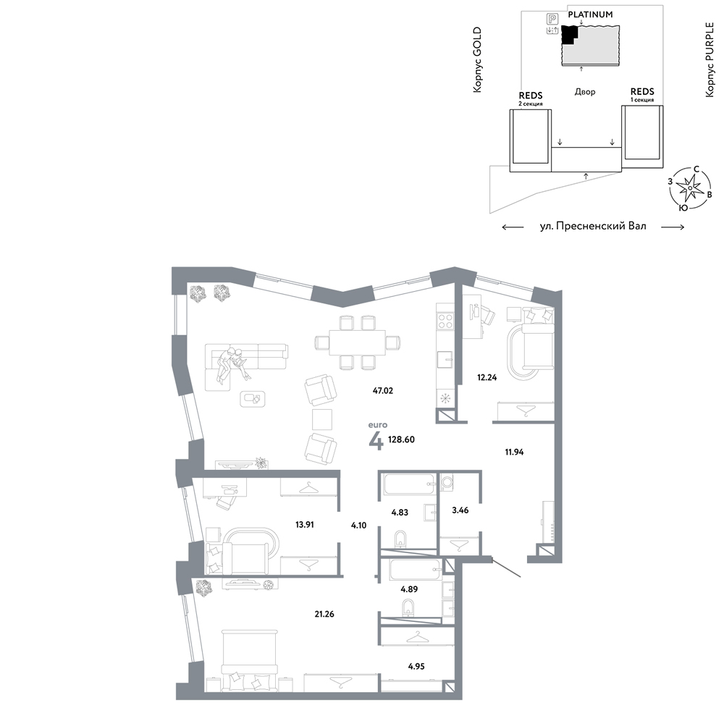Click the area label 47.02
click(x=383, y=391)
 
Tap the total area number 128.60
click(x=401, y=439)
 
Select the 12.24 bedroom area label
click(x=487, y=377)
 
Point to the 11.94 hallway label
click(x=514, y=452)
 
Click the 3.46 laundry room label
click(x=460, y=510)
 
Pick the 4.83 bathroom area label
click(x=400, y=512)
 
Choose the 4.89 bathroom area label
click(x=409, y=589)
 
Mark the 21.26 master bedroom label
click(x=324, y=614)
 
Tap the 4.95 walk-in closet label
click(x=416, y=666)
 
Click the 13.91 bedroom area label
click(x=304, y=524)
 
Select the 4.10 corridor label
click(x=358, y=525)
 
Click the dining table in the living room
click(x=358, y=342)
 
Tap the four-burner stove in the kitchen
click(x=445, y=321)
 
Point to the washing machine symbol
click(x=447, y=482)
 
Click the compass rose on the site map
click(x=689, y=188)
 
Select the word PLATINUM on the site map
click(x=590, y=14)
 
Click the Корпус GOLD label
click(x=477, y=59)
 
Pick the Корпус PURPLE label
click(x=710, y=59)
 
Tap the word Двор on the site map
click(x=585, y=92)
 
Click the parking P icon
click(x=552, y=19)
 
